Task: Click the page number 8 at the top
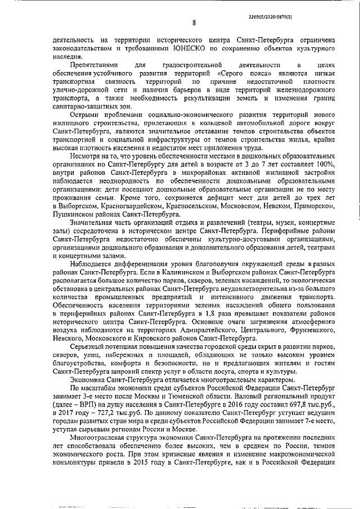(193, 23)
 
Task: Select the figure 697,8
(295, 404)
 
